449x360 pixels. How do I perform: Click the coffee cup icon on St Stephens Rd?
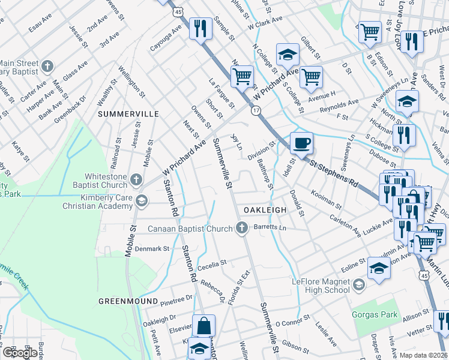coord(301,143)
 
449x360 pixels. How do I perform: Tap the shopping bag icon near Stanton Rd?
coord(203,326)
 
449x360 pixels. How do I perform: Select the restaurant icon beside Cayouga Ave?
coord(199,28)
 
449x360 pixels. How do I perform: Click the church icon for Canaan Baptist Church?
coord(242,227)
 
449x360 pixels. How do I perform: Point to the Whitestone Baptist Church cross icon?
coord(136,179)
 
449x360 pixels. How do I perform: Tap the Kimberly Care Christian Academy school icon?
coord(142,200)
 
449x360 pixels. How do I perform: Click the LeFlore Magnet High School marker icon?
coord(359,284)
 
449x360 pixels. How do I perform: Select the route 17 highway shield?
coord(256,110)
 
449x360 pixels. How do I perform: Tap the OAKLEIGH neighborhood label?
coord(265,209)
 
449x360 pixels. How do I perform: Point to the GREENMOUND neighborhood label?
coord(128,301)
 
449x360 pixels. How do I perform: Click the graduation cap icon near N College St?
coord(288,55)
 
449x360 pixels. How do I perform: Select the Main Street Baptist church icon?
coord(48,65)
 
